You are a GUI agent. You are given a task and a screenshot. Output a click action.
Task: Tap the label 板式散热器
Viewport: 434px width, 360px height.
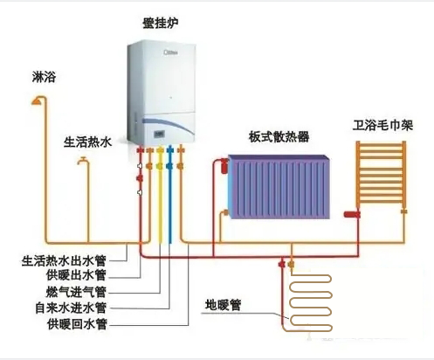[x=278, y=136]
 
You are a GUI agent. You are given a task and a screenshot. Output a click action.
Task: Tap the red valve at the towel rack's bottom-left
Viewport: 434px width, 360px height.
[x=354, y=212]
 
